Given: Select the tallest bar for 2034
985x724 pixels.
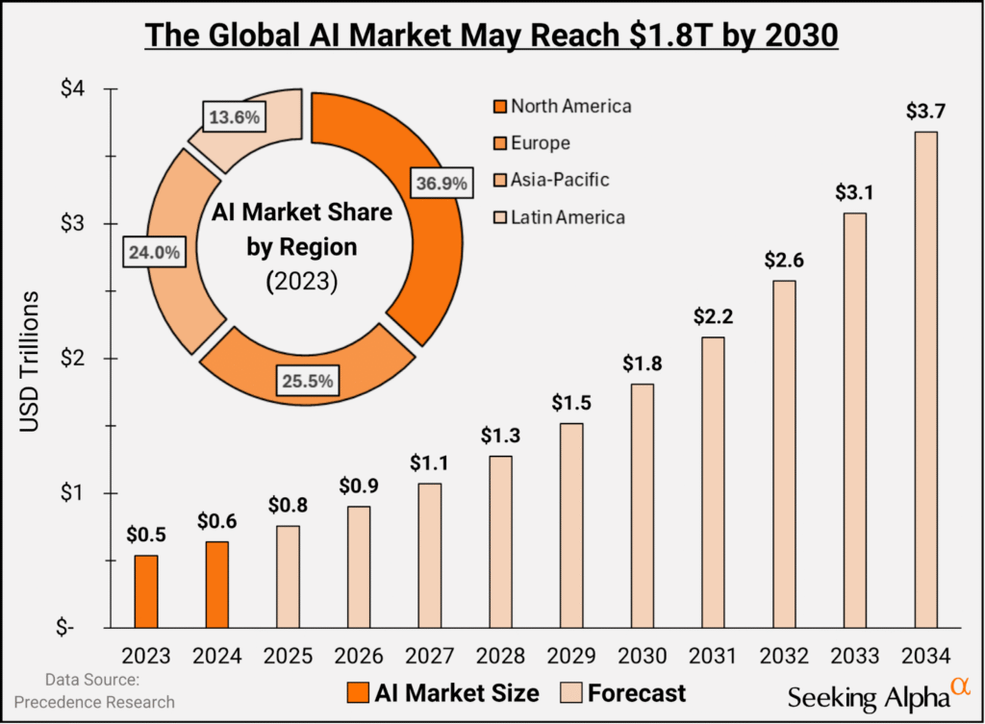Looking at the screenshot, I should click(x=925, y=380).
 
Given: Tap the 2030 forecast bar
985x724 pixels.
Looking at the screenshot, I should click(x=643, y=506).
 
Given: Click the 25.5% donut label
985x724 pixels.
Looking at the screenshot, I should click(x=308, y=381).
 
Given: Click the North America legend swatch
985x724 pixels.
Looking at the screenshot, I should click(x=498, y=106).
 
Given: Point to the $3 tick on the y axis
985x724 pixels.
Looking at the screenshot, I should click(x=76, y=224).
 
